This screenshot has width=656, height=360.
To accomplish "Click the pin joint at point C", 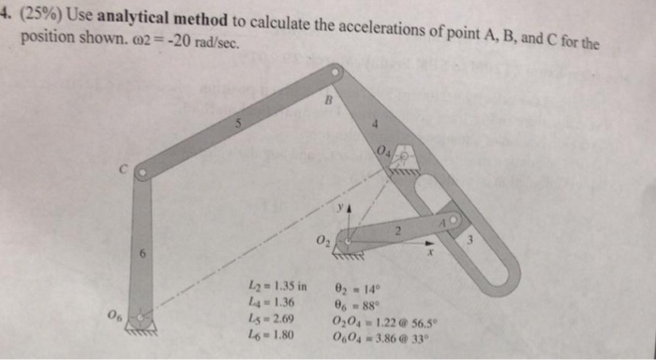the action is [141, 173].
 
